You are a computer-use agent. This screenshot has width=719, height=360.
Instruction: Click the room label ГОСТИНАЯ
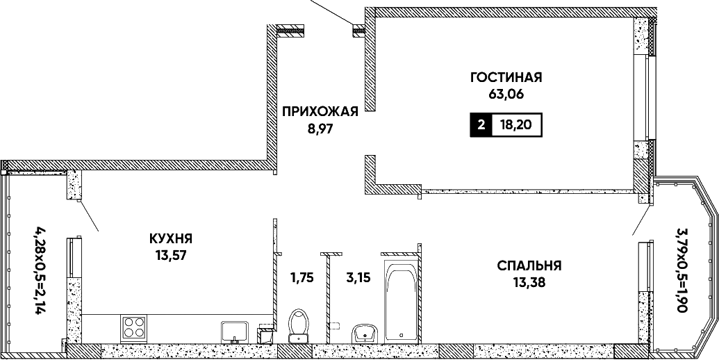pos(506,77)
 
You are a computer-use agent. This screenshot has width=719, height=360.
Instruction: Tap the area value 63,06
pos(506,95)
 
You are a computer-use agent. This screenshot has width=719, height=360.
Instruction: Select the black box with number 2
pos(481,124)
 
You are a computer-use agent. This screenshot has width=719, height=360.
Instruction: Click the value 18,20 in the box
pos(516,124)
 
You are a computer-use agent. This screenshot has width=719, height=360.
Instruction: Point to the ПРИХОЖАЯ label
pos(320,111)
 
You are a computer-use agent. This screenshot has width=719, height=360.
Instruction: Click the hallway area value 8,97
pos(320,129)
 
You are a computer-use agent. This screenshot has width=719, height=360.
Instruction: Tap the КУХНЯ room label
pos(171,238)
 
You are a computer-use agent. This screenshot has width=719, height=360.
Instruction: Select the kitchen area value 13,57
pos(171,256)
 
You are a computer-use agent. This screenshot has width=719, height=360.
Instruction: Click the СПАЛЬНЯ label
pos(529,265)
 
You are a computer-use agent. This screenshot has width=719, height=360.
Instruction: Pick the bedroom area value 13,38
pos(529,282)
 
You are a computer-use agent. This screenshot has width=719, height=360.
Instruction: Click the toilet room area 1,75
pos(301,277)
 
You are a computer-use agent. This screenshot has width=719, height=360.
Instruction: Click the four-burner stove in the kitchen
pos(134,328)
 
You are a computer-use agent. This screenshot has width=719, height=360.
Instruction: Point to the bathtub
pos(402,302)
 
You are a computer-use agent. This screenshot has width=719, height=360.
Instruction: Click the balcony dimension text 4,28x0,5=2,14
pos(42,269)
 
